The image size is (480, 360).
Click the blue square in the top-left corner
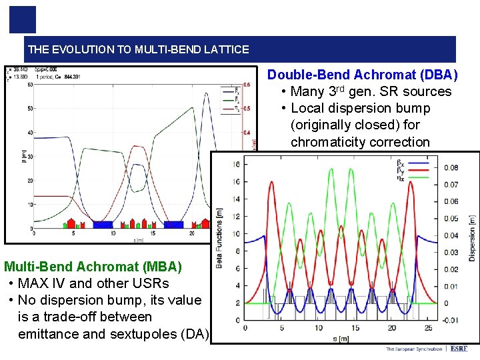pyautogui.click(x=22, y=19)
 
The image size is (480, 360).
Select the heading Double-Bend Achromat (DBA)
pyautogui.click(x=362, y=75)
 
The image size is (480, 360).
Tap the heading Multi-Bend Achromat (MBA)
pyautogui.click(x=93, y=267)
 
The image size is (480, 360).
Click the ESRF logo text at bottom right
pyautogui.click(x=459, y=349)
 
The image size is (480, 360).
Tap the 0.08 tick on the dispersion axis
pyautogui.click(x=451, y=167)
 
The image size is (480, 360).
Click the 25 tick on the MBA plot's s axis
pyautogui.click(x=427, y=328)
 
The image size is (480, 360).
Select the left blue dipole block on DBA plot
pyautogui.click(x=103, y=225)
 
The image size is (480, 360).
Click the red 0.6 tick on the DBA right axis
pyautogui.click(x=246, y=85)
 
